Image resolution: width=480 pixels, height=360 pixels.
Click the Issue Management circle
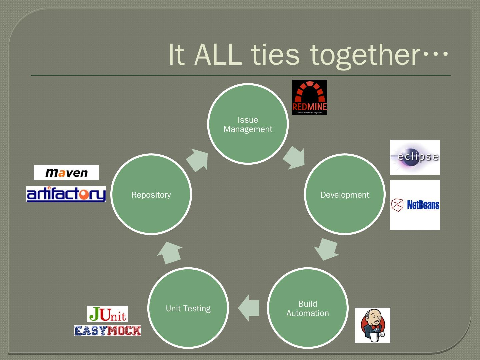click(x=248, y=124)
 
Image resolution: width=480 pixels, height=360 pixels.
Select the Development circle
click(x=345, y=194)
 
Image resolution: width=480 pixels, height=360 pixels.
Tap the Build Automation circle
click(x=308, y=308)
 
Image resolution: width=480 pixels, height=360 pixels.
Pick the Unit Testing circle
click(x=188, y=308)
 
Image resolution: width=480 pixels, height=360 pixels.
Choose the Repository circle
click(x=151, y=194)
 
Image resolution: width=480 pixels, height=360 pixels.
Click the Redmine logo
click(x=309, y=97)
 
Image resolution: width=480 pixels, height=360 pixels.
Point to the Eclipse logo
click(x=415, y=157)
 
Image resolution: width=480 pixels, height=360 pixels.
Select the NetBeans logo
click(x=415, y=205)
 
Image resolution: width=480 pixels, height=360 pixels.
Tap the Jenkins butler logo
click(x=372, y=325)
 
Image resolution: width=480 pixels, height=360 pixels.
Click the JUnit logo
click(x=107, y=314)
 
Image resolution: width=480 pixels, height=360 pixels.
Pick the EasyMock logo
click(x=107, y=331)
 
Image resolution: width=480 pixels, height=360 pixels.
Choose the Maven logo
click(x=66, y=172)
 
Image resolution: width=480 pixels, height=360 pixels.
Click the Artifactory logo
click(x=66, y=194)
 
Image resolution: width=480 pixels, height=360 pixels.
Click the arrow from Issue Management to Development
click(x=294, y=158)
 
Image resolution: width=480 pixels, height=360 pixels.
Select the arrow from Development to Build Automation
click(x=326, y=249)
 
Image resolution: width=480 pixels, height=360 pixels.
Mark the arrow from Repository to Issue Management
click(x=198, y=160)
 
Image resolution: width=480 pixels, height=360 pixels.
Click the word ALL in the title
click(x=218, y=54)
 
